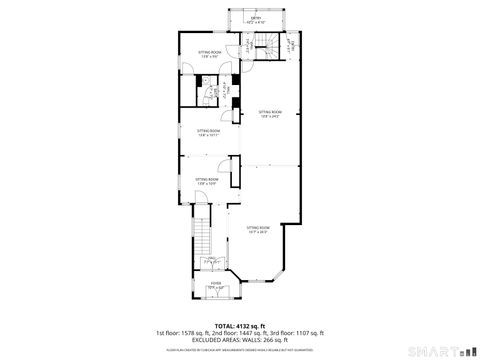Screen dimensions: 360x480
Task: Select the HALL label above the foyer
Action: pos(211,261)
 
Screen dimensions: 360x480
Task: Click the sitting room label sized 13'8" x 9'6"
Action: pos(208,54)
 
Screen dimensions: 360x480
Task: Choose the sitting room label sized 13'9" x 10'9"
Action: pos(207,181)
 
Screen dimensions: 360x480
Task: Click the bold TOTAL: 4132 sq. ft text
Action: pos(240,325)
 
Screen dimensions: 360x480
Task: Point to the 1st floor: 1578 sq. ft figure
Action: pos(189,332)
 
